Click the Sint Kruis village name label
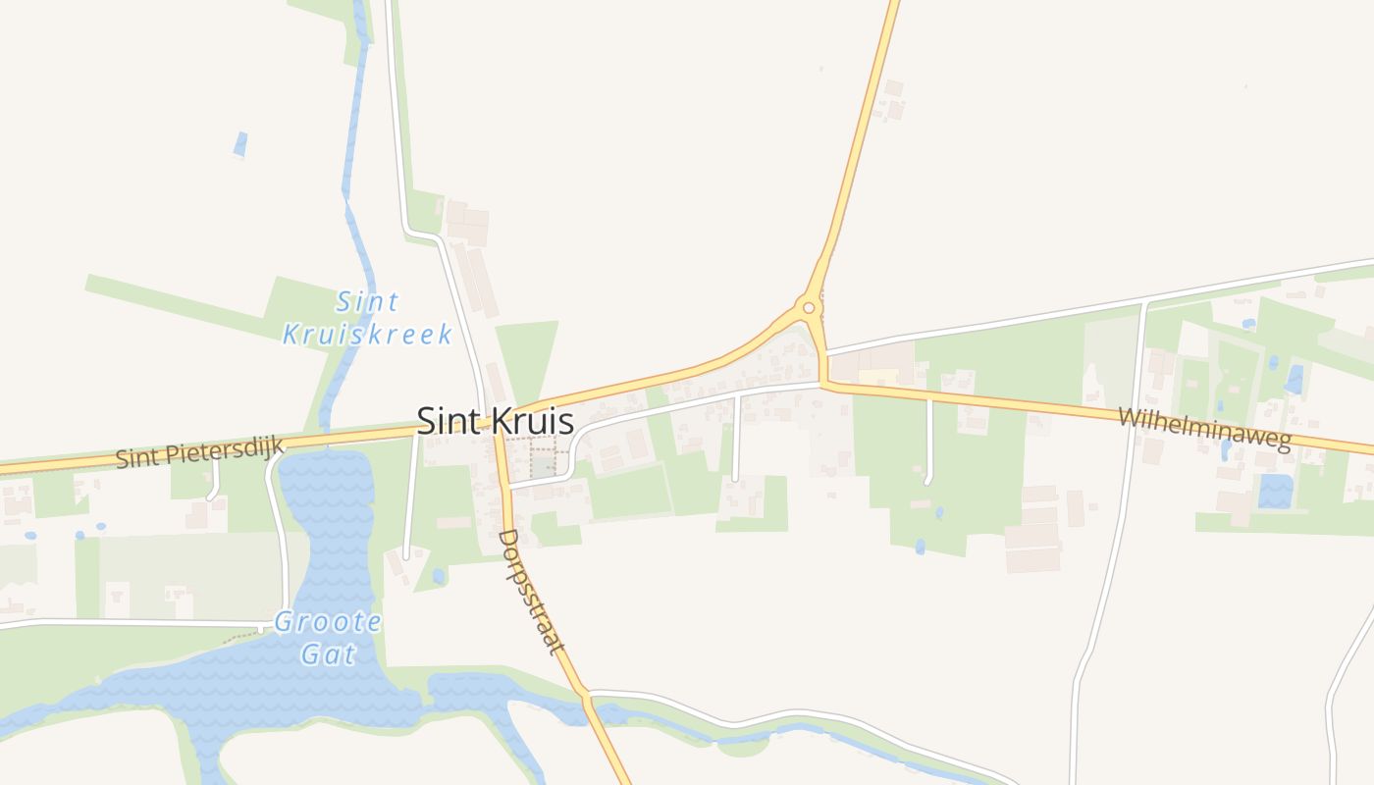pyautogui.click(x=495, y=421)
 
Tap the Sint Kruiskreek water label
pyautogui.click(x=368, y=318)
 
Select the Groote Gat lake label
pyautogui.click(x=327, y=638)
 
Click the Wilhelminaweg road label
pyautogui.click(x=1203, y=429)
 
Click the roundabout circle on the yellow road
pyautogui.click(x=809, y=307)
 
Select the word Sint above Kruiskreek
pyautogui.click(x=368, y=301)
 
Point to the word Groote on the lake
pyautogui.click(x=328, y=622)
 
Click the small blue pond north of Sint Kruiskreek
pyautogui.click(x=240, y=144)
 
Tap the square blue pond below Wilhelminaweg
pyautogui.click(x=1275, y=491)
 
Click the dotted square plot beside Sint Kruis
pyautogui.click(x=543, y=458)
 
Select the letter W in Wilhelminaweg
pyautogui.click(x=1130, y=417)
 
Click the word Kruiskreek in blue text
pyautogui.click(x=368, y=334)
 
